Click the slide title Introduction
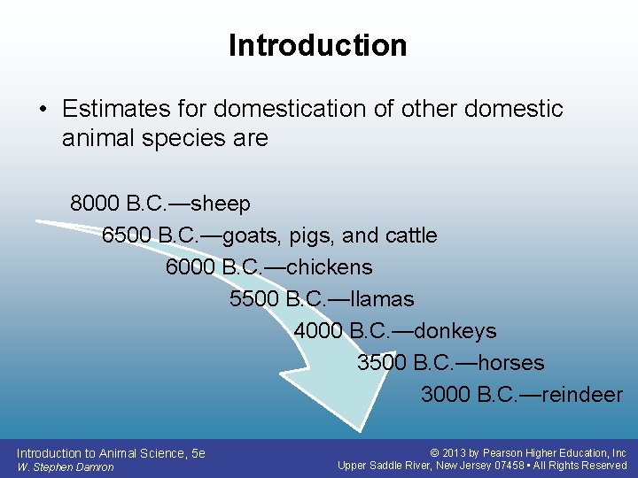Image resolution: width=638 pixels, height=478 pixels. point(317,45)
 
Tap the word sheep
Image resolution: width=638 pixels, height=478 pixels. point(221,204)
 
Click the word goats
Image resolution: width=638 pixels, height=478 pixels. point(251,235)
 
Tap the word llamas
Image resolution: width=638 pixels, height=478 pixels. point(382,299)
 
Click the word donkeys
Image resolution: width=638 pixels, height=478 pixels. point(455,331)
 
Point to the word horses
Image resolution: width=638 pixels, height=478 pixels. point(510,363)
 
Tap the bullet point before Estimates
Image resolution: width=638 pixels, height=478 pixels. point(43,110)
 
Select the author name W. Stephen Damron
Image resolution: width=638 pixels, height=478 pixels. point(65,466)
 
